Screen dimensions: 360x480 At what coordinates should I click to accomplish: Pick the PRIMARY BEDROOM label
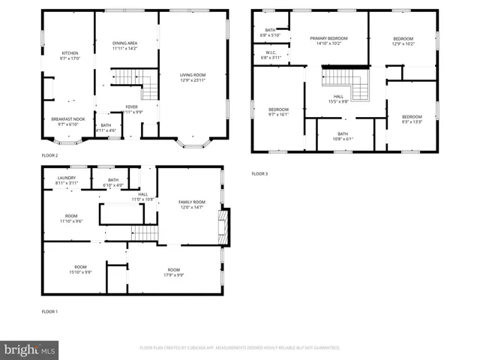(328, 40)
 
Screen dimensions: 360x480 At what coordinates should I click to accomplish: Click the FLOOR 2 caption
(50, 155)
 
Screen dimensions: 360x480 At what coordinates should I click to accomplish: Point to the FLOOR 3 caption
(259, 173)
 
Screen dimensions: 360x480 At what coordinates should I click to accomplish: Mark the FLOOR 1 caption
(50, 310)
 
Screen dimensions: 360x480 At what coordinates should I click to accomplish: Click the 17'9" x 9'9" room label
(174, 272)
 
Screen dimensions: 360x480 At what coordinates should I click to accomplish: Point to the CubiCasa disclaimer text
(240, 348)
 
